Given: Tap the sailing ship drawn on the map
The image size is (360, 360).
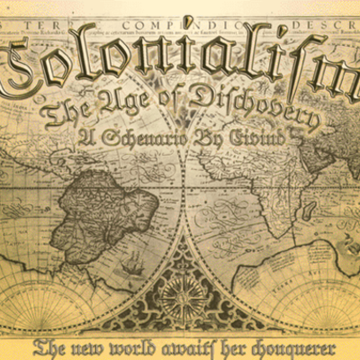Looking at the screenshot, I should click(133, 265).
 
